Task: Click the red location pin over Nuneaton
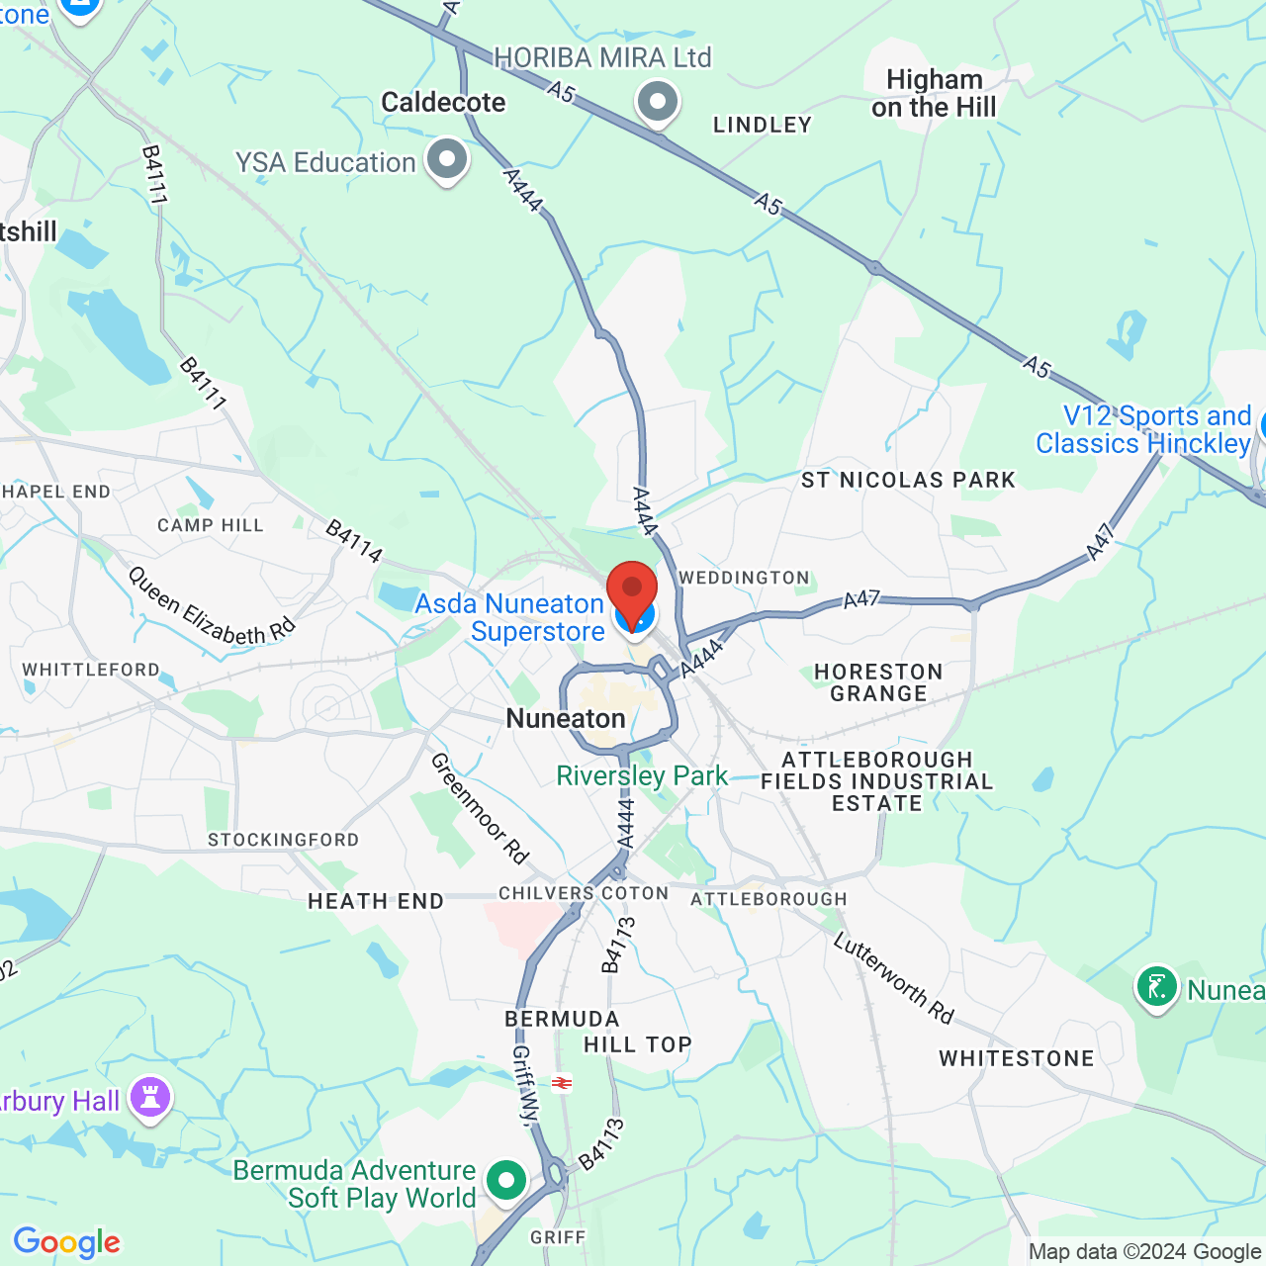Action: click(x=632, y=591)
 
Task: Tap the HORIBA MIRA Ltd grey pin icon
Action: click(x=658, y=101)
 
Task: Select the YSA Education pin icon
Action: click(x=447, y=158)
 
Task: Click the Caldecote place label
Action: click(x=443, y=102)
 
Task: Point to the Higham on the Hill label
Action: click(x=934, y=93)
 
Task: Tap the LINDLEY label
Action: click(x=763, y=125)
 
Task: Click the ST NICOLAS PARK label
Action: click(x=908, y=481)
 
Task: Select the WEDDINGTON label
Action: click(x=744, y=578)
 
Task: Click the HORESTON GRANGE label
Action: click(x=878, y=682)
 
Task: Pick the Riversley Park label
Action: click(x=642, y=775)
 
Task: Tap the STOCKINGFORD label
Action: click(x=284, y=840)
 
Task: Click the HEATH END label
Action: click(x=376, y=901)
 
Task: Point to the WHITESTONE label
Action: click(x=1017, y=1058)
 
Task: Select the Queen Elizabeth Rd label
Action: click(x=212, y=604)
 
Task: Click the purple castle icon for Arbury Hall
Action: click(x=150, y=1097)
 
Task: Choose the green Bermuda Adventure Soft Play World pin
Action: click(x=506, y=1179)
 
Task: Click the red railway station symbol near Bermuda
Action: click(x=562, y=1083)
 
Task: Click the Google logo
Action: click(x=67, y=1242)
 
